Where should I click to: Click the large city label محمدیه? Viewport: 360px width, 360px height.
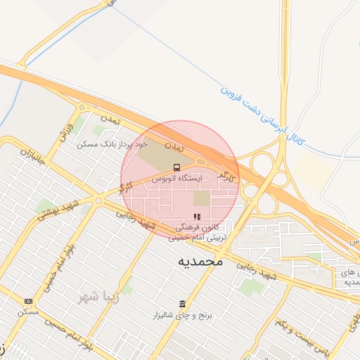199,262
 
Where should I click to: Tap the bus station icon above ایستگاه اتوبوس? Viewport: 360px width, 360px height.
176,168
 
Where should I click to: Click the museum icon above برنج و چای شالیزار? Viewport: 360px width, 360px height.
183,304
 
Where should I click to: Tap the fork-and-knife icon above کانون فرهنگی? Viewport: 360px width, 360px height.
197,217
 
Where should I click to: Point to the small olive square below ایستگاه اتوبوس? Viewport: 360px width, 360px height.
202,198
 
